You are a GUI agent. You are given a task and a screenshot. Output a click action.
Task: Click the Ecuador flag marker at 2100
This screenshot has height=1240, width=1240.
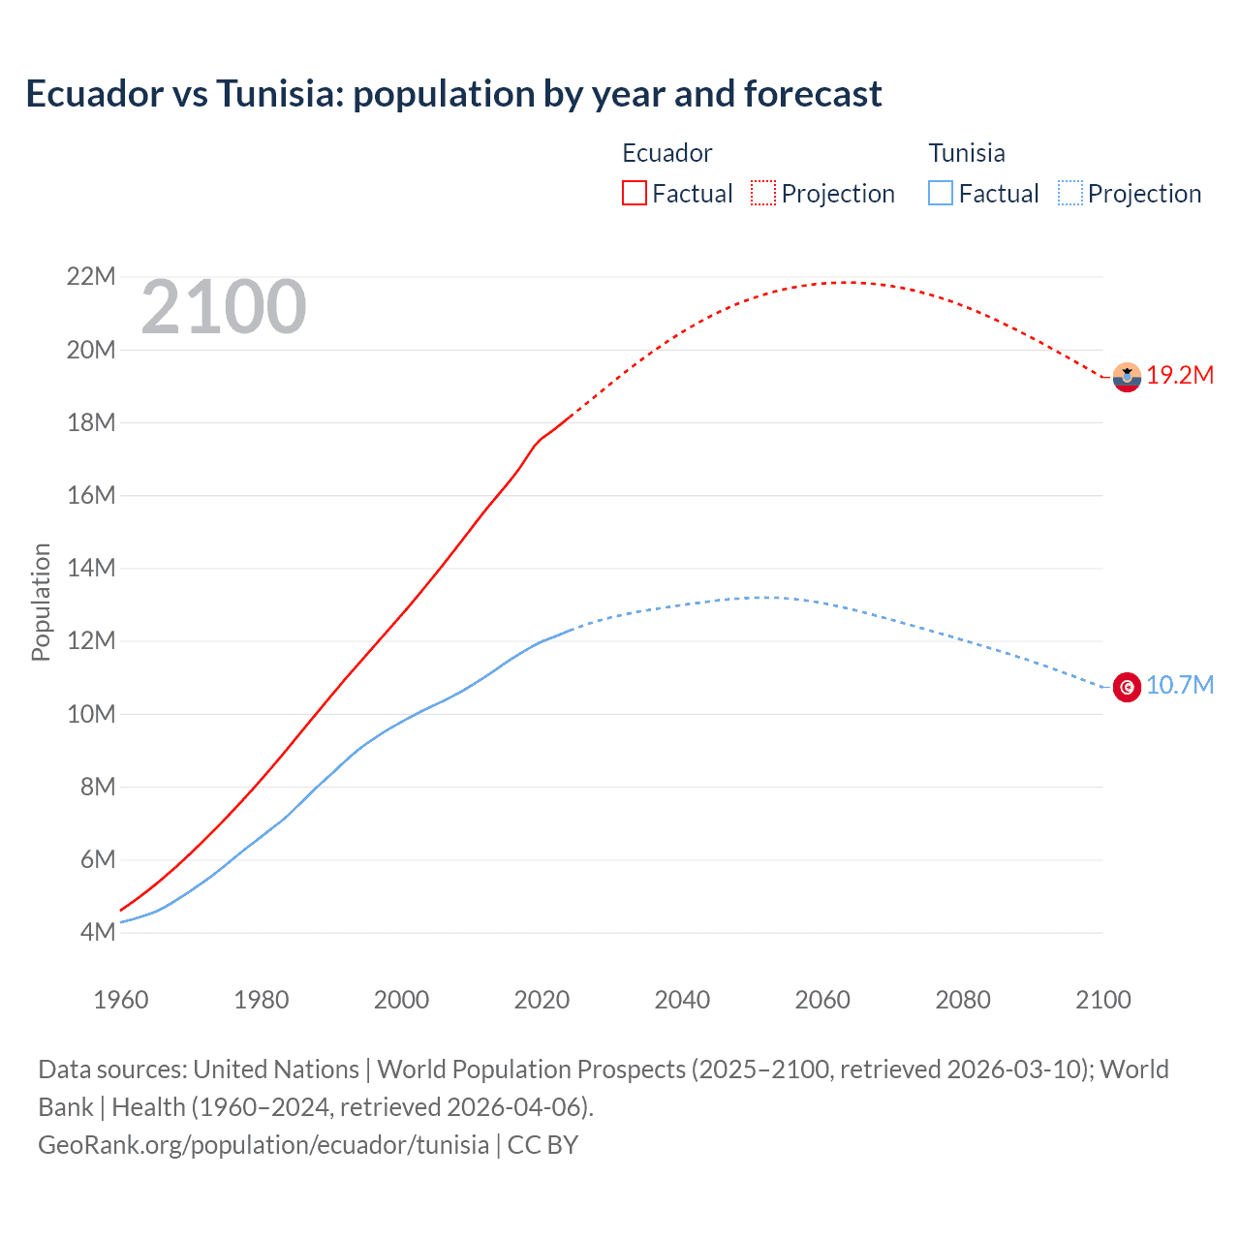(1127, 377)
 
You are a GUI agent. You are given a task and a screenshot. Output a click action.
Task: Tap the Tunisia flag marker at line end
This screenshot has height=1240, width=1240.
(1127, 687)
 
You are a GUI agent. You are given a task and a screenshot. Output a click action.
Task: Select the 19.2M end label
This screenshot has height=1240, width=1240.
(1180, 376)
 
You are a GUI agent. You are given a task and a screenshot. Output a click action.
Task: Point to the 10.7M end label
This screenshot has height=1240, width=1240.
(1180, 686)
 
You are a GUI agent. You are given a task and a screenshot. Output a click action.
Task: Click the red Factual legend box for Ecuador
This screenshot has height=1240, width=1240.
(634, 193)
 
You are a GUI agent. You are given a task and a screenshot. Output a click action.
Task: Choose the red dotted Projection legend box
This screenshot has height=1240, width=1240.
(763, 193)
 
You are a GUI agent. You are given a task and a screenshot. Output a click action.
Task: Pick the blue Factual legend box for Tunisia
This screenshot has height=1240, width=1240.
(941, 193)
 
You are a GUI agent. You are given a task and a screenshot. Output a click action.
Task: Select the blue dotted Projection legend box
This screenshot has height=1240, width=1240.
(1070, 193)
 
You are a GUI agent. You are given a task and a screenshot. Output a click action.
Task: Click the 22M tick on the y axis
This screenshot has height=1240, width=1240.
(91, 277)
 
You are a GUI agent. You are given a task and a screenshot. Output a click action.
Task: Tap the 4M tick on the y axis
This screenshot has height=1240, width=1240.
(98, 933)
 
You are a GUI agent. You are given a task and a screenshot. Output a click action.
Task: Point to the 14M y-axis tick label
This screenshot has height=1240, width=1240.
(91, 569)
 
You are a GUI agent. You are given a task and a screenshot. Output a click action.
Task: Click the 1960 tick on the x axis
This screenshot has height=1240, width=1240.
(121, 1000)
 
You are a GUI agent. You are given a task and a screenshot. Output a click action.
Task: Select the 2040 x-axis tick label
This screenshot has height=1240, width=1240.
(682, 1000)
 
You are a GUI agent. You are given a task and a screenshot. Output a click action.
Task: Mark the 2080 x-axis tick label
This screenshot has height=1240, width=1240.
(963, 1000)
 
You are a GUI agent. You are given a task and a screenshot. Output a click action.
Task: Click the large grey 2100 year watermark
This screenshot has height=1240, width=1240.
(224, 308)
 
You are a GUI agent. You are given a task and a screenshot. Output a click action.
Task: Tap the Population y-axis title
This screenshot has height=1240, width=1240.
(41, 602)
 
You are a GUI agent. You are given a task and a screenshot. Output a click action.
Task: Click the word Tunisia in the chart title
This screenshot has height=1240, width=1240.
(279, 94)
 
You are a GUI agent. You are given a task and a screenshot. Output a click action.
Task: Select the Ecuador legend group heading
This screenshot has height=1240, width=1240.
(666, 153)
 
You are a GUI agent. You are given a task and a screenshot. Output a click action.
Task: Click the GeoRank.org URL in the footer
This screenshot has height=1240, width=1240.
(263, 1145)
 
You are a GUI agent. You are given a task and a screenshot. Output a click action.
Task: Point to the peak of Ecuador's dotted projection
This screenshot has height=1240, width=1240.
(846, 282)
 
